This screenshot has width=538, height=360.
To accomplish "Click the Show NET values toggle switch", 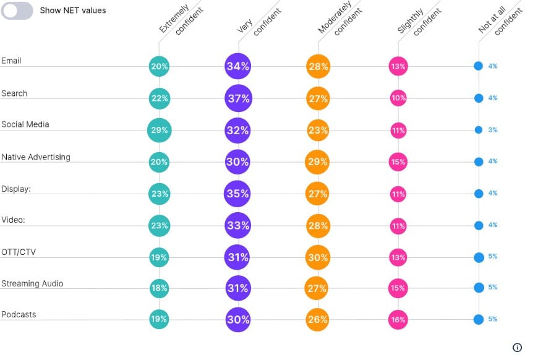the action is (17, 11).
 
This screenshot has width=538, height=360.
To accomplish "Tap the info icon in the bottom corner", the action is (517, 348).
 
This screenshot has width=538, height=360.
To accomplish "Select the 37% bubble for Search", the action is (239, 98).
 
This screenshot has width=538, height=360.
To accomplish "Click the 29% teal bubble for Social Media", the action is (159, 130).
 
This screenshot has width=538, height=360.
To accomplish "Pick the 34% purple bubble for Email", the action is (238, 66).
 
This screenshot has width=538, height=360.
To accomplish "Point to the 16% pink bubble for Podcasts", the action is (398, 320).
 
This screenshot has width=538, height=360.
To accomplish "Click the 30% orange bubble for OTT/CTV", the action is (318, 257).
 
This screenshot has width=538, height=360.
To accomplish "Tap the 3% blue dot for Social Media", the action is (479, 130).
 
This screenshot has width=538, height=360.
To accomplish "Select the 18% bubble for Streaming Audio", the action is (159, 288).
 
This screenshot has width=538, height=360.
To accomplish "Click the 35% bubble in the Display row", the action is (237, 194).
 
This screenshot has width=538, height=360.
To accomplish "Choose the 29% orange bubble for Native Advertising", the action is (317, 161).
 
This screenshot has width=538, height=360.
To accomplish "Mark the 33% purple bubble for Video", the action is (238, 226).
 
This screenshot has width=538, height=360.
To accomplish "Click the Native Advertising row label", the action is (36, 157).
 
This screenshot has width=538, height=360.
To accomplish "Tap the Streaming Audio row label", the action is (32, 283).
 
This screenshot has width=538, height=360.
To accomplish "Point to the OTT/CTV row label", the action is (19, 252).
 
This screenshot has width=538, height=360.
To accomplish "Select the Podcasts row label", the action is (19, 314).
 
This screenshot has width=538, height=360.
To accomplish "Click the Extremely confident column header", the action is (181, 19).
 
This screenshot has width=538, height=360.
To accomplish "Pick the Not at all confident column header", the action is (500, 20).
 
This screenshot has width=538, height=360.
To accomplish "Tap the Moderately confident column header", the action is (339, 18).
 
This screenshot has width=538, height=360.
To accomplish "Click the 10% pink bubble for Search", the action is (398, 98).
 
